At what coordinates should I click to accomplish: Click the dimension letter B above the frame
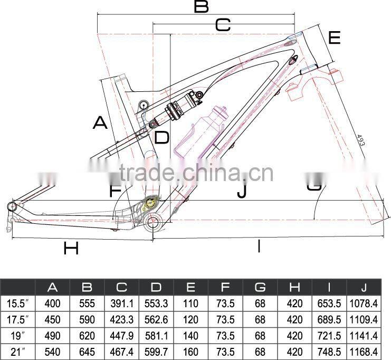coord(201,7)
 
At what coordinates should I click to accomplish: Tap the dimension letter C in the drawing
coord(223,25)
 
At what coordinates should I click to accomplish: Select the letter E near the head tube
coord(335,38)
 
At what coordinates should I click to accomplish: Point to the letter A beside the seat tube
coord(100,122)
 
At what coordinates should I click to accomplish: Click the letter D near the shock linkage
coord(161,138)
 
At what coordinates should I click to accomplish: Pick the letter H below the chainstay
coord(71,248)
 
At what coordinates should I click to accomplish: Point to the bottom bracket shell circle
coord(151,224)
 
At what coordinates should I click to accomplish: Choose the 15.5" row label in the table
coord(18,304)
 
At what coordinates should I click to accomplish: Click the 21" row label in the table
coord(18,351)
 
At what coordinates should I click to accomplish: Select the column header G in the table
coord(260,288)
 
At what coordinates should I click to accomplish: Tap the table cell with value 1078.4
coord(364,304)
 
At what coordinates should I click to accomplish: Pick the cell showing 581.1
coord(156,335)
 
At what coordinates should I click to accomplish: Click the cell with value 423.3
coord(121,319)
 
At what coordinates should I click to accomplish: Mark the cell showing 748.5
coord(329,351)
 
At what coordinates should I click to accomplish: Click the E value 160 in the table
coord(190,351)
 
